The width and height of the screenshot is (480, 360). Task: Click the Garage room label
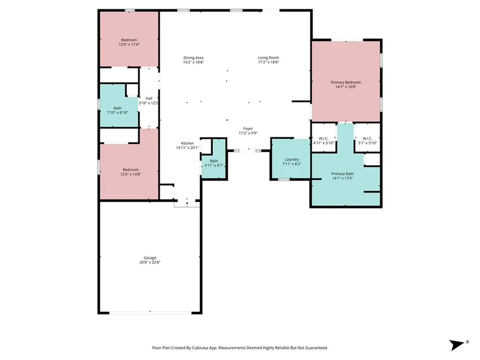pos(150,258)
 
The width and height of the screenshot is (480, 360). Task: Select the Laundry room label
pos(291,159)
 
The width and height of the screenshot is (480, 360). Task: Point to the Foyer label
pos(247,128)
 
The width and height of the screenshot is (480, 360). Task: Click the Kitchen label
pos(187,143)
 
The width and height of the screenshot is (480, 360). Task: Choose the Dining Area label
pos(193,58)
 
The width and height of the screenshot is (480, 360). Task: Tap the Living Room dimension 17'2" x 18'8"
pos(269,62)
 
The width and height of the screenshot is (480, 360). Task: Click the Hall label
pos(149,98)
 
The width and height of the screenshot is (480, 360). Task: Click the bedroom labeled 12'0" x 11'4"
pos(129,42)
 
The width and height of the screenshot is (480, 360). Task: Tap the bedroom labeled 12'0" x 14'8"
pos(131,172)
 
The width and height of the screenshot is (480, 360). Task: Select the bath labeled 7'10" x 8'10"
pos(117,110)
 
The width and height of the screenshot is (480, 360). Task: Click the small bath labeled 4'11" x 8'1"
pos(214,163)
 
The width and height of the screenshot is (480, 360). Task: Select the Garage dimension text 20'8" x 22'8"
pos(150,262)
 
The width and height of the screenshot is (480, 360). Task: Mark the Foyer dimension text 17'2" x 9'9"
pos(247,133)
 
